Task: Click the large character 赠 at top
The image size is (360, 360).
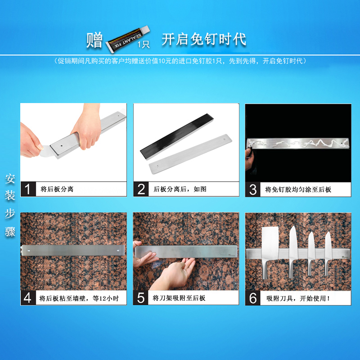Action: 95,40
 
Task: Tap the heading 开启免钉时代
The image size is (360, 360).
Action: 204,39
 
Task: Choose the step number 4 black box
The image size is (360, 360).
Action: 28,298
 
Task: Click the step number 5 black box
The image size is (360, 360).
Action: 141,298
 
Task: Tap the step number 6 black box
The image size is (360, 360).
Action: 253,298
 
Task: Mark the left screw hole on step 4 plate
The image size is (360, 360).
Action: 29,248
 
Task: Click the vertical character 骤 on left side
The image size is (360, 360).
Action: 10,232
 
